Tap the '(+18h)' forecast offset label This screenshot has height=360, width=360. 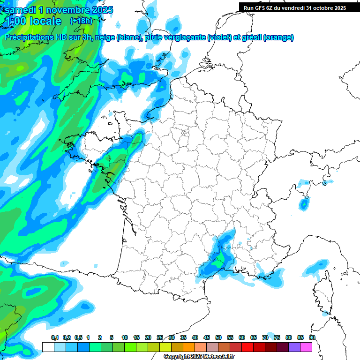[81, 21]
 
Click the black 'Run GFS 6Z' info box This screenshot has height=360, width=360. [292, 7]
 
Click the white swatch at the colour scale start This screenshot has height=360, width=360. [48, 347]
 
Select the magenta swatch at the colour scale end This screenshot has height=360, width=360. [306, 347]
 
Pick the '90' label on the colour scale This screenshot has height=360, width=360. [312, 337]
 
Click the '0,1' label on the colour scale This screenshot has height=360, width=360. [54, 337]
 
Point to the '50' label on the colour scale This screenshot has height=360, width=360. [218, 337]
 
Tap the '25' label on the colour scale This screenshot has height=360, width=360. [160, 337]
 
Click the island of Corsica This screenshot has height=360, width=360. [321, 288]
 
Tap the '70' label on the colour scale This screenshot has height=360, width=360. [265, 337]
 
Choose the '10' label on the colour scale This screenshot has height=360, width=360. [125, 337]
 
